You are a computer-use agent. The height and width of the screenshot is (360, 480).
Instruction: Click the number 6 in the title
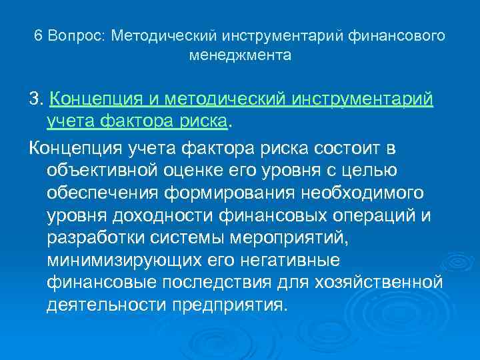click(38, 35)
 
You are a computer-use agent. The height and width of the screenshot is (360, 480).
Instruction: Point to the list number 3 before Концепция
click(34, 99)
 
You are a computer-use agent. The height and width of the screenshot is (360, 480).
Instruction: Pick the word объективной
click(100, 170)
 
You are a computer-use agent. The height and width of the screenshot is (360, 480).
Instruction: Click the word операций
click(383, 217)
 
